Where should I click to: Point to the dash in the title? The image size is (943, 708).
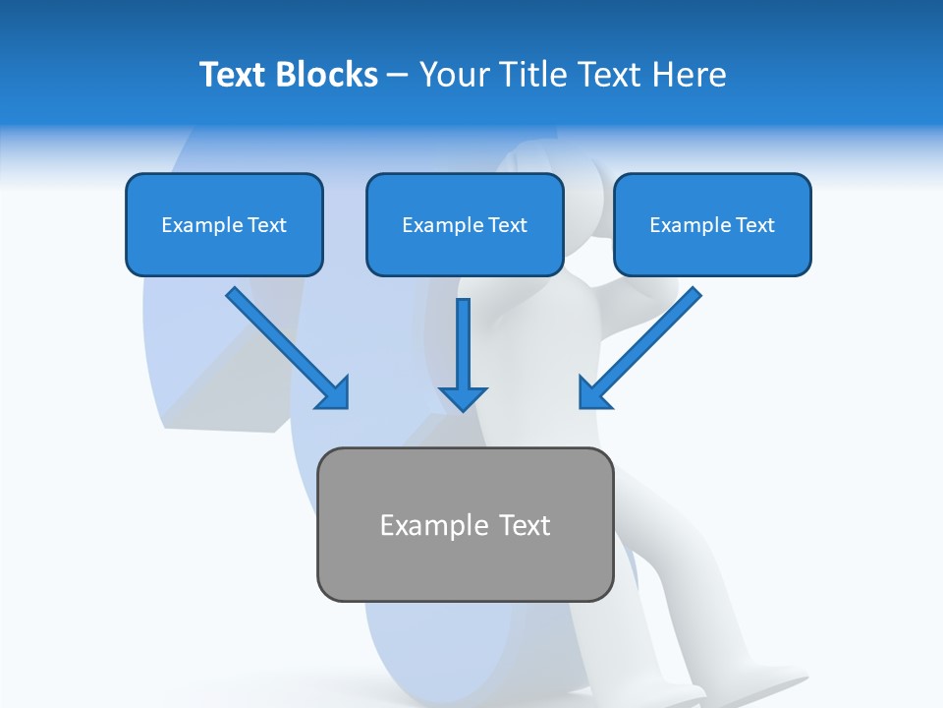(398, 76)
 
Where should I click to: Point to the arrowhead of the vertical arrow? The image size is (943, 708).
(463, 397)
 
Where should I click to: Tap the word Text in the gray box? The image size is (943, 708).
(525, 525)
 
